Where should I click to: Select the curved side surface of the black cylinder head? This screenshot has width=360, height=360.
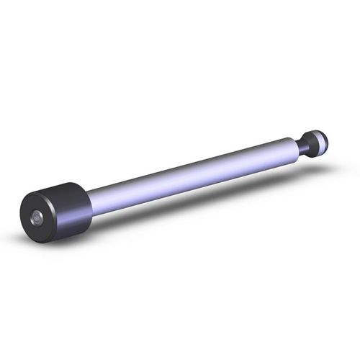tap(72, 209)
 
